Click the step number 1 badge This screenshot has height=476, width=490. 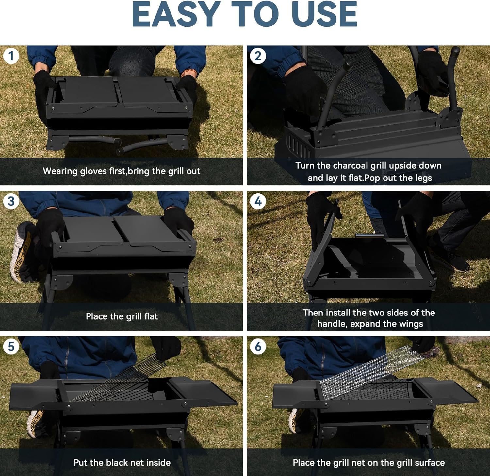tap(11, 56)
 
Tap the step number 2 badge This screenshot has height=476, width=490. tap(258, 56)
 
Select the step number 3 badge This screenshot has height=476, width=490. tap(11, 201)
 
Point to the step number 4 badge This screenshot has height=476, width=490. tap(258, 201)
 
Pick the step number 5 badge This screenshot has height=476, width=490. tap(11, 346)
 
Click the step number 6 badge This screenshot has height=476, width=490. tap(258, 346)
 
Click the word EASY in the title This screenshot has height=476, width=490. tap(175, 15)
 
